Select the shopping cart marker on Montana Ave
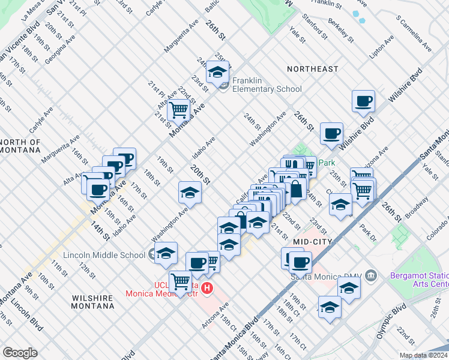click(178, 110)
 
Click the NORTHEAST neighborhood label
click(312, 69)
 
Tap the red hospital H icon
click(207, 289)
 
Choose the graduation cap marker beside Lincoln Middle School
click(166, 254)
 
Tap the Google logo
click(20, 352)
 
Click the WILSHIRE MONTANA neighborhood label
click(93, 302)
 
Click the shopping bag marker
click(296, 190)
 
